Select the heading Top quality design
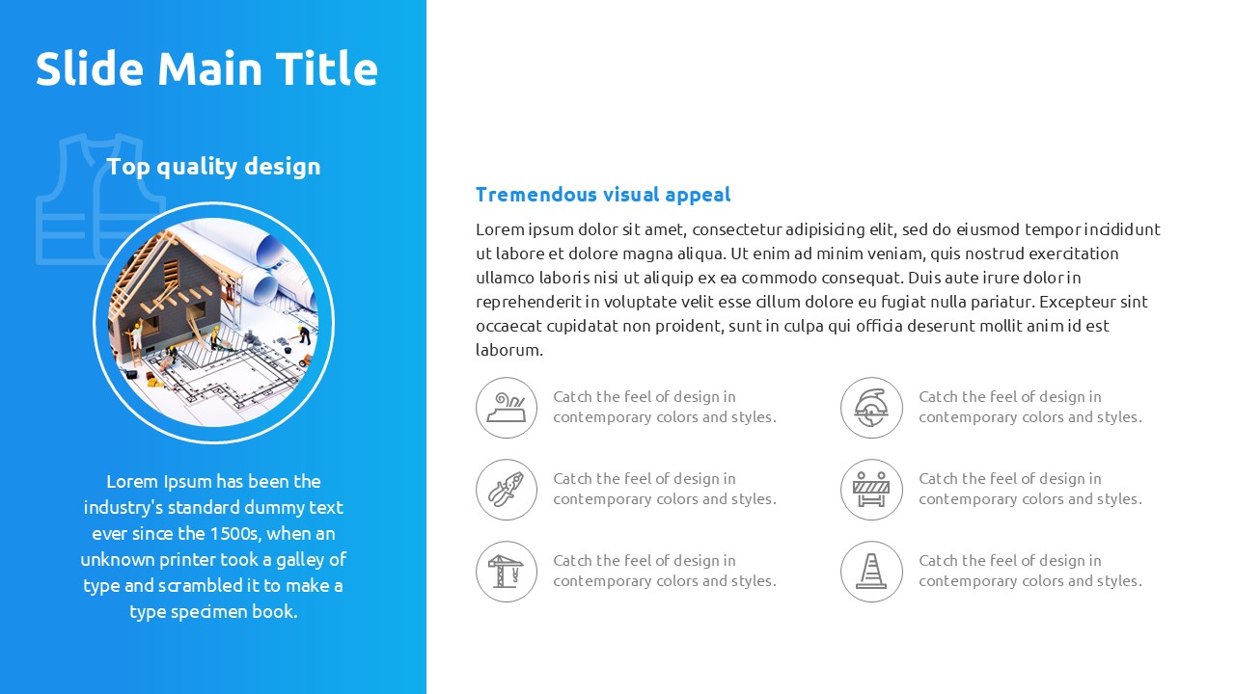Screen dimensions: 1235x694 [x=213, y=167]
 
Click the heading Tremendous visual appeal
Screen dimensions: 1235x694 [x=603, y=195]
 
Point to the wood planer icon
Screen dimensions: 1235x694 [x=507, y=408]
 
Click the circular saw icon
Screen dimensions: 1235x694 [x=871, y=408]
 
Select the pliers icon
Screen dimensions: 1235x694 [x=507, y=489]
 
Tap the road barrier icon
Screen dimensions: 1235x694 [x=871, y=489]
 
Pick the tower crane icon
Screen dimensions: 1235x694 [x=506, y=572]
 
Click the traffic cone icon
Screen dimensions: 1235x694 [x=871, y=572]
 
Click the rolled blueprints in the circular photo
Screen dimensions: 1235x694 [x=276, y=264]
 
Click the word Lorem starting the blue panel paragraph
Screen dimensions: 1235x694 [x=132, y=482]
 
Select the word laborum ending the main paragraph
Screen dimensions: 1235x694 [x=509, y=350]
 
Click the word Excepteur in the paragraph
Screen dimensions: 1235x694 [x=1077, y=303]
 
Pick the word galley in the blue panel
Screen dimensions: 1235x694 [x=299, y=561]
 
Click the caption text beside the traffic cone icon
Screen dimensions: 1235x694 [x=1029, y=571]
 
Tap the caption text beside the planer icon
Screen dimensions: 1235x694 [x=665, y=407]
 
